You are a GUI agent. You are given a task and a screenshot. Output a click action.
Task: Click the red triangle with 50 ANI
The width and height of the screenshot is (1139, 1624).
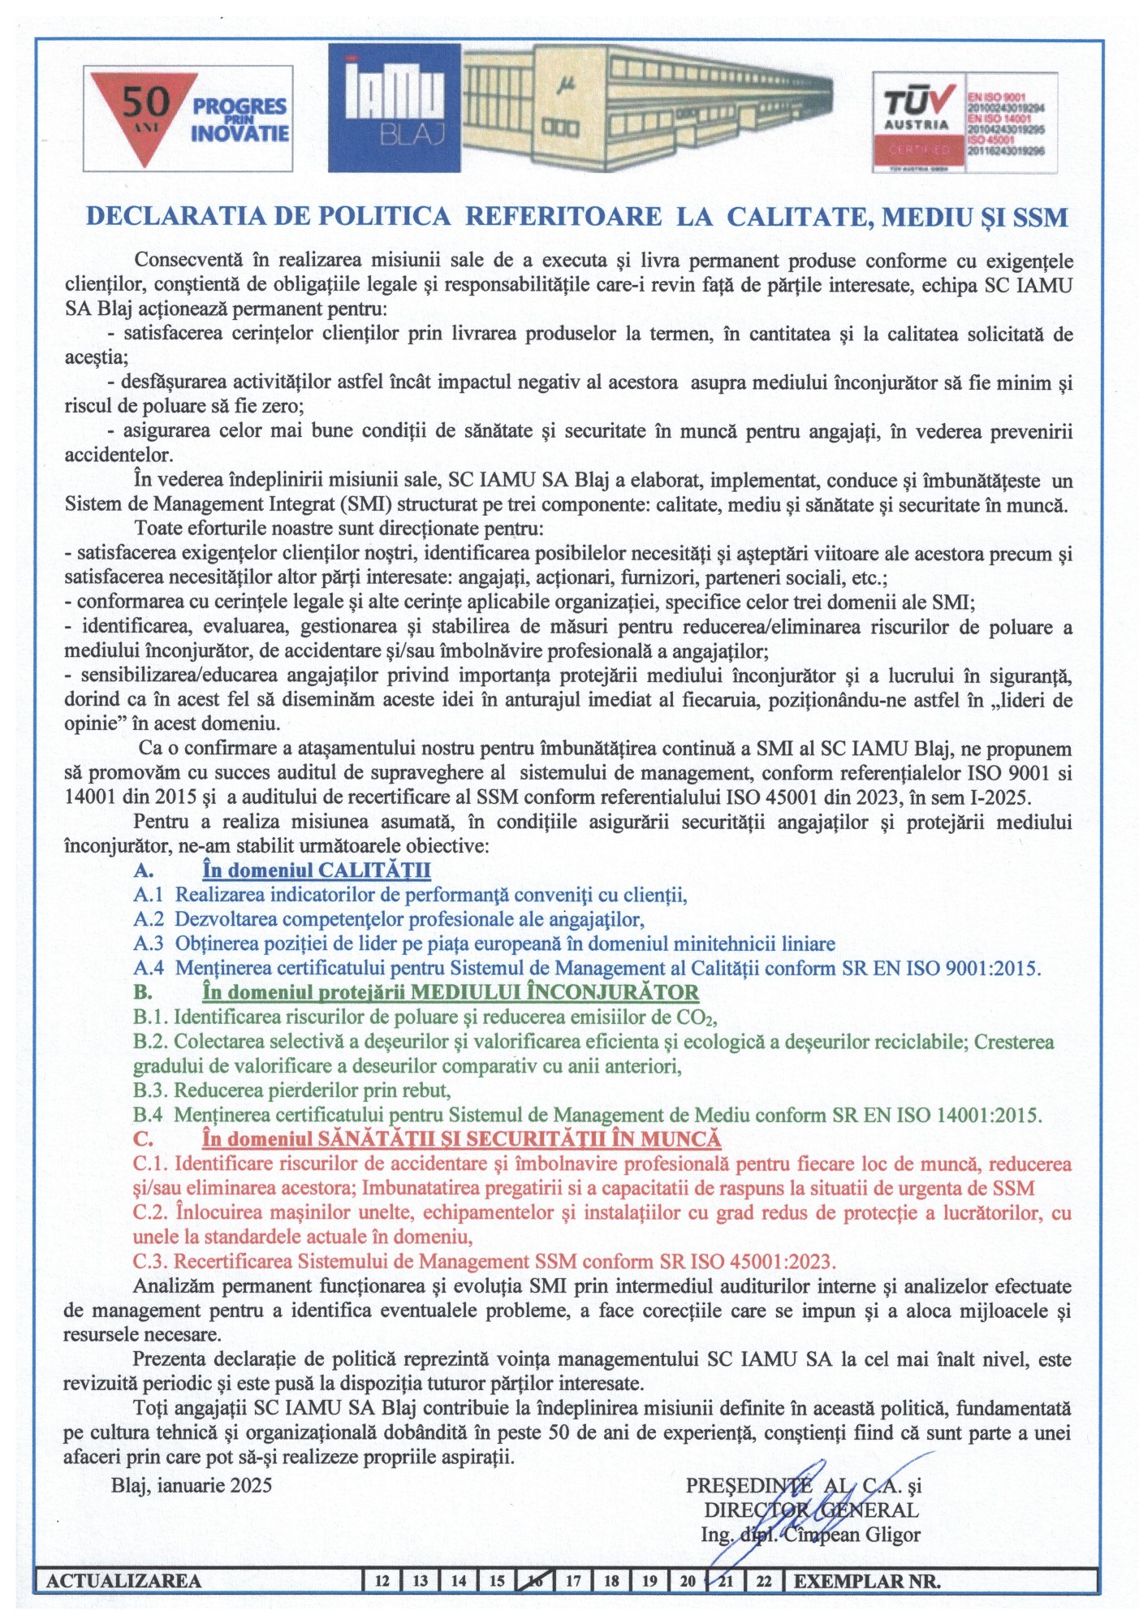point(145,114)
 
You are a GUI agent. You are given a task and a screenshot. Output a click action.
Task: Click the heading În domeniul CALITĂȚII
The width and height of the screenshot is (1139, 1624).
point(316,870)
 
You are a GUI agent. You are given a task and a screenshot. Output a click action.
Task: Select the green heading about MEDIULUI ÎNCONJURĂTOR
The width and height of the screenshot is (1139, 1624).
point(451,992)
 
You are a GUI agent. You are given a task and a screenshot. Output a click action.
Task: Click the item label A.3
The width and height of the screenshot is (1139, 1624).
point(149,944)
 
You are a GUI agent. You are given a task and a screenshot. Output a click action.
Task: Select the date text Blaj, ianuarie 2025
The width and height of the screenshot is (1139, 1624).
point(192,1485)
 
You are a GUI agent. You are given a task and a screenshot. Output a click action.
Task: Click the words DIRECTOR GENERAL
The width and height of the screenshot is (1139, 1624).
point(811,1510)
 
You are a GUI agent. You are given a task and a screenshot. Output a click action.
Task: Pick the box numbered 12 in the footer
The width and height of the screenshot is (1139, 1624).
point(382,1581)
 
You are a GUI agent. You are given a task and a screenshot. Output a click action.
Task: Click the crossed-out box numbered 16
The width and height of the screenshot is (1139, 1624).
point(535,1581)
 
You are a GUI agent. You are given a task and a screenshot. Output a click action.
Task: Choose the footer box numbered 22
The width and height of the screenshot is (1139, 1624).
point(764,1581)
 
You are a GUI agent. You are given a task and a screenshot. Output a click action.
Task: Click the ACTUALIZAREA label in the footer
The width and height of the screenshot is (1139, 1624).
point(123,1581)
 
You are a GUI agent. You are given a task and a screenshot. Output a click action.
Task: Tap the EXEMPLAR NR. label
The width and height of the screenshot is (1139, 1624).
point(867,1581)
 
